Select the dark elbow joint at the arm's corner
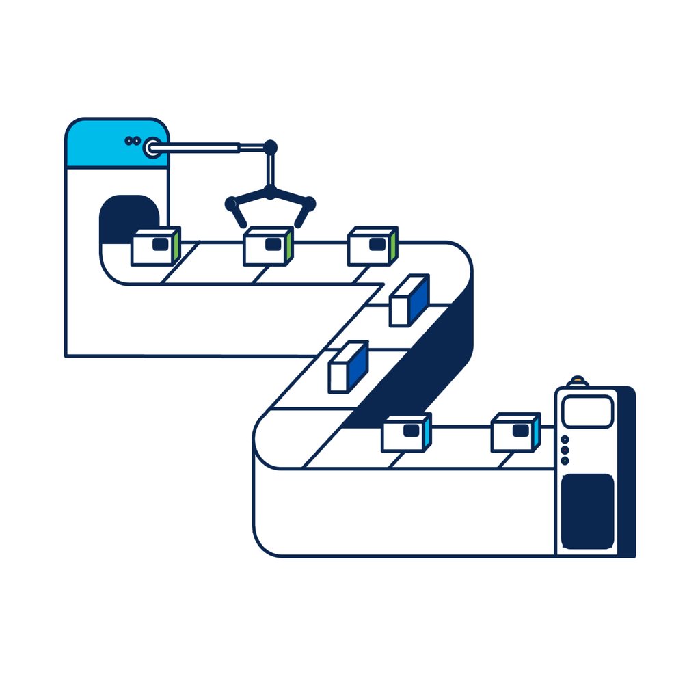tap(270, 146)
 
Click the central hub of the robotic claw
tap(270, 193)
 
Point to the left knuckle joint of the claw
tap(231, 204)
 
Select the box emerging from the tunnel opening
tap(156, 247)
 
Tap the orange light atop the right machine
tap(578, 380)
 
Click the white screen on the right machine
tap(587, 412)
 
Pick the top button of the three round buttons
tap(565, 440)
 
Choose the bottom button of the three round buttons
tap(565, 461)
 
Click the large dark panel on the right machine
tap(587, 511)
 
